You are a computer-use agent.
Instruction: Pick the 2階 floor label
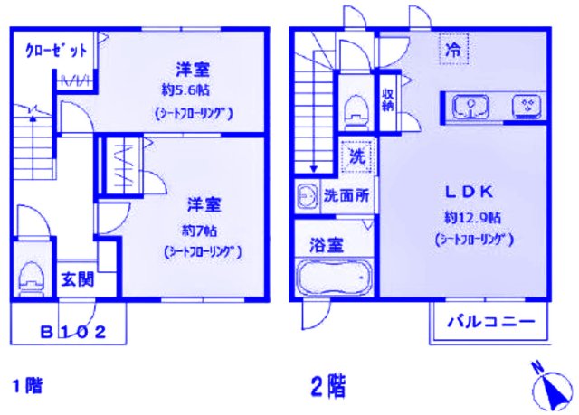[x=327, y=386]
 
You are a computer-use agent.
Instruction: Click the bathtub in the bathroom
[x=334, y=275]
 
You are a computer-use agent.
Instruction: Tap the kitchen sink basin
[x=471, y=108]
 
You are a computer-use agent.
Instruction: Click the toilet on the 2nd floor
[x=353, y=108]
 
